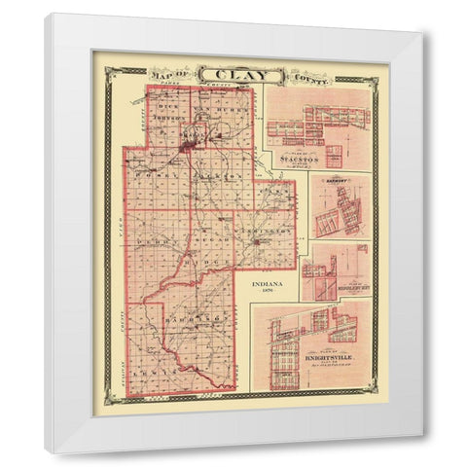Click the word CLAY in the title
click(x=227, y=74)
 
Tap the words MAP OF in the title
click(x=168, y=73)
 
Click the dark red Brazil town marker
click(x=188, y=149)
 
